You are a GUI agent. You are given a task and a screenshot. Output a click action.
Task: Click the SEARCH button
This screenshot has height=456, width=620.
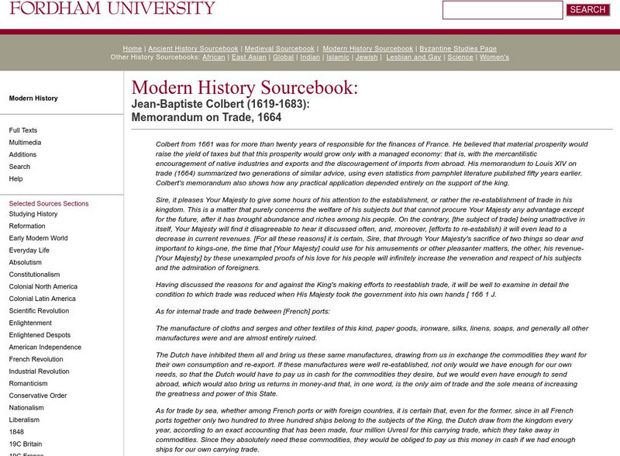click(587, 10)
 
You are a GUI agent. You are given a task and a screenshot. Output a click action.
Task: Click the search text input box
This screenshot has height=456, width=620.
click(502, 10)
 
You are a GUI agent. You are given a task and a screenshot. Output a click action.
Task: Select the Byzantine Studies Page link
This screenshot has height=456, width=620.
click(456, 48)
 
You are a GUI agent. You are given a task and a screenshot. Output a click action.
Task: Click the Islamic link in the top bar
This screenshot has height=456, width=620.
click(339, 57)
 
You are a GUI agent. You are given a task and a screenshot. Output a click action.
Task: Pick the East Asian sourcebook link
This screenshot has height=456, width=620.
click(250, 57)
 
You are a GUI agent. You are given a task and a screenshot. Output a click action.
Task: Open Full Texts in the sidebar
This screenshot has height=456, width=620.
click(23, 130)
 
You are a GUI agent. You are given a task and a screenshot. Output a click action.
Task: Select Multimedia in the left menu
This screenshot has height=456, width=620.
click(26, 143)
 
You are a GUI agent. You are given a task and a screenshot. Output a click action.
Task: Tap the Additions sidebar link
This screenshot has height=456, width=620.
click(22, 154)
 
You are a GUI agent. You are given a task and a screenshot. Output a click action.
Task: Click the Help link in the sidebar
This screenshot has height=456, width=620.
click(15, 178)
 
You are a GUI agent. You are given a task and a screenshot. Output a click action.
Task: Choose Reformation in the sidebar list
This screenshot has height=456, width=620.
click(27, 226)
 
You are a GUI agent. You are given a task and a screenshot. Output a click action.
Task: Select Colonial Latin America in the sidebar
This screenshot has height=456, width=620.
click(42, 299)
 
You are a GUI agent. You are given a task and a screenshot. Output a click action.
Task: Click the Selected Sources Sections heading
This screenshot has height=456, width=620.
click(49, 203)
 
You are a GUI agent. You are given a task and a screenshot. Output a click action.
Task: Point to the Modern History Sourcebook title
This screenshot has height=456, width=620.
click(245, 88)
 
